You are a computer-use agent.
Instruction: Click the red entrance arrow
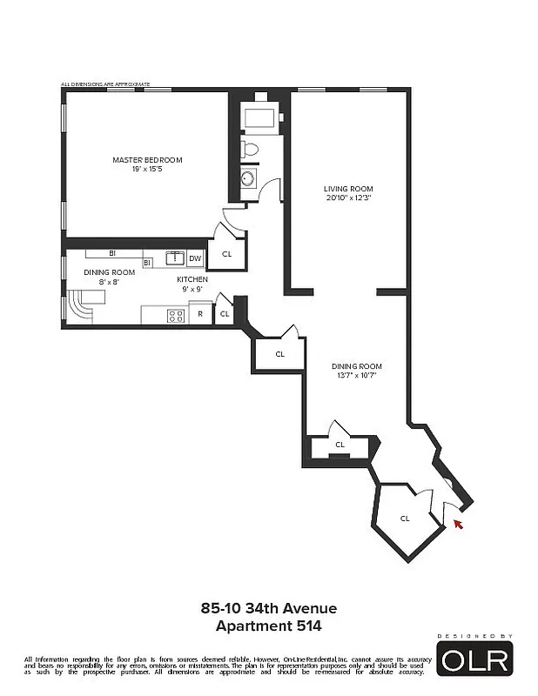pyautogui.click(x=457, y=524)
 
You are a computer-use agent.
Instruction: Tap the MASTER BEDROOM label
pyautogui.click(x=147, y=159)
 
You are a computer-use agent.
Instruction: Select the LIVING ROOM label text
pyautogui.click(x=348, y=189)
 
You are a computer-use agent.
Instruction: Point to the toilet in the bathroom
pyautogui.click(x=251, y=149)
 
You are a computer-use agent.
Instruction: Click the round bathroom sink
pyautogui.click(x=247, y=178)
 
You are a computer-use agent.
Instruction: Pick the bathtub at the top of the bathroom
pyautogui.click(x=259, y=117)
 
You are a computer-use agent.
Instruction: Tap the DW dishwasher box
pyautogui.click(x=195, y=258)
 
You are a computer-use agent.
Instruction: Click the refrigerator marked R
pyautogui.click(x=200, y=314)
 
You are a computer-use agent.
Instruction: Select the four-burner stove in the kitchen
pyautogui.click(x=176, y=315)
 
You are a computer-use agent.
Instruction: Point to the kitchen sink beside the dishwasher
pyautogui.click(x=174, y=258)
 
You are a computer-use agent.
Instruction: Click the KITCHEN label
pyautogui.click(x=192, y=279)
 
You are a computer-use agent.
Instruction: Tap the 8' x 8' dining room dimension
pyautogui.click(x=103, y=281)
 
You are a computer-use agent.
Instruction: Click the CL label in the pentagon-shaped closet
pyautogui.click(x=405, y=519)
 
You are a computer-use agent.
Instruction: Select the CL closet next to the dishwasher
pyautogui.click(x=226, y=253)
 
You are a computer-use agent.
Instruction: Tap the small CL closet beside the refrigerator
pyautogui.click(x=224, y=314)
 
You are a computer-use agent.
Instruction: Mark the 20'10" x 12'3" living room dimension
pyautogui.click(x=348, y=197)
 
